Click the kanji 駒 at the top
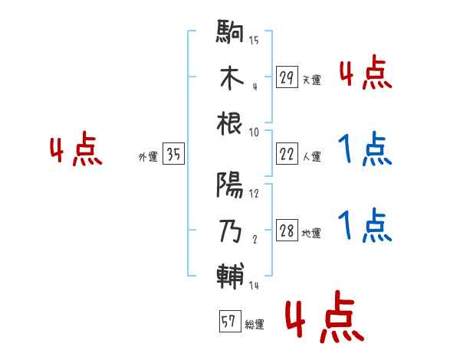coord(231,34)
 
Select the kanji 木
coord(231,79)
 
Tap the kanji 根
coord(231,123)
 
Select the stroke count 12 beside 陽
coord(254,195)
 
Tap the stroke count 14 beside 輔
coord(254,285)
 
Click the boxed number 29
coord(287,78)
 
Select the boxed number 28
coord(287,231)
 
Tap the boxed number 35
coord(173,155)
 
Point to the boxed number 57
coord(228,322)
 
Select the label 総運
coord(254,325)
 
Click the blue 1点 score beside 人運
coord(363,149)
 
